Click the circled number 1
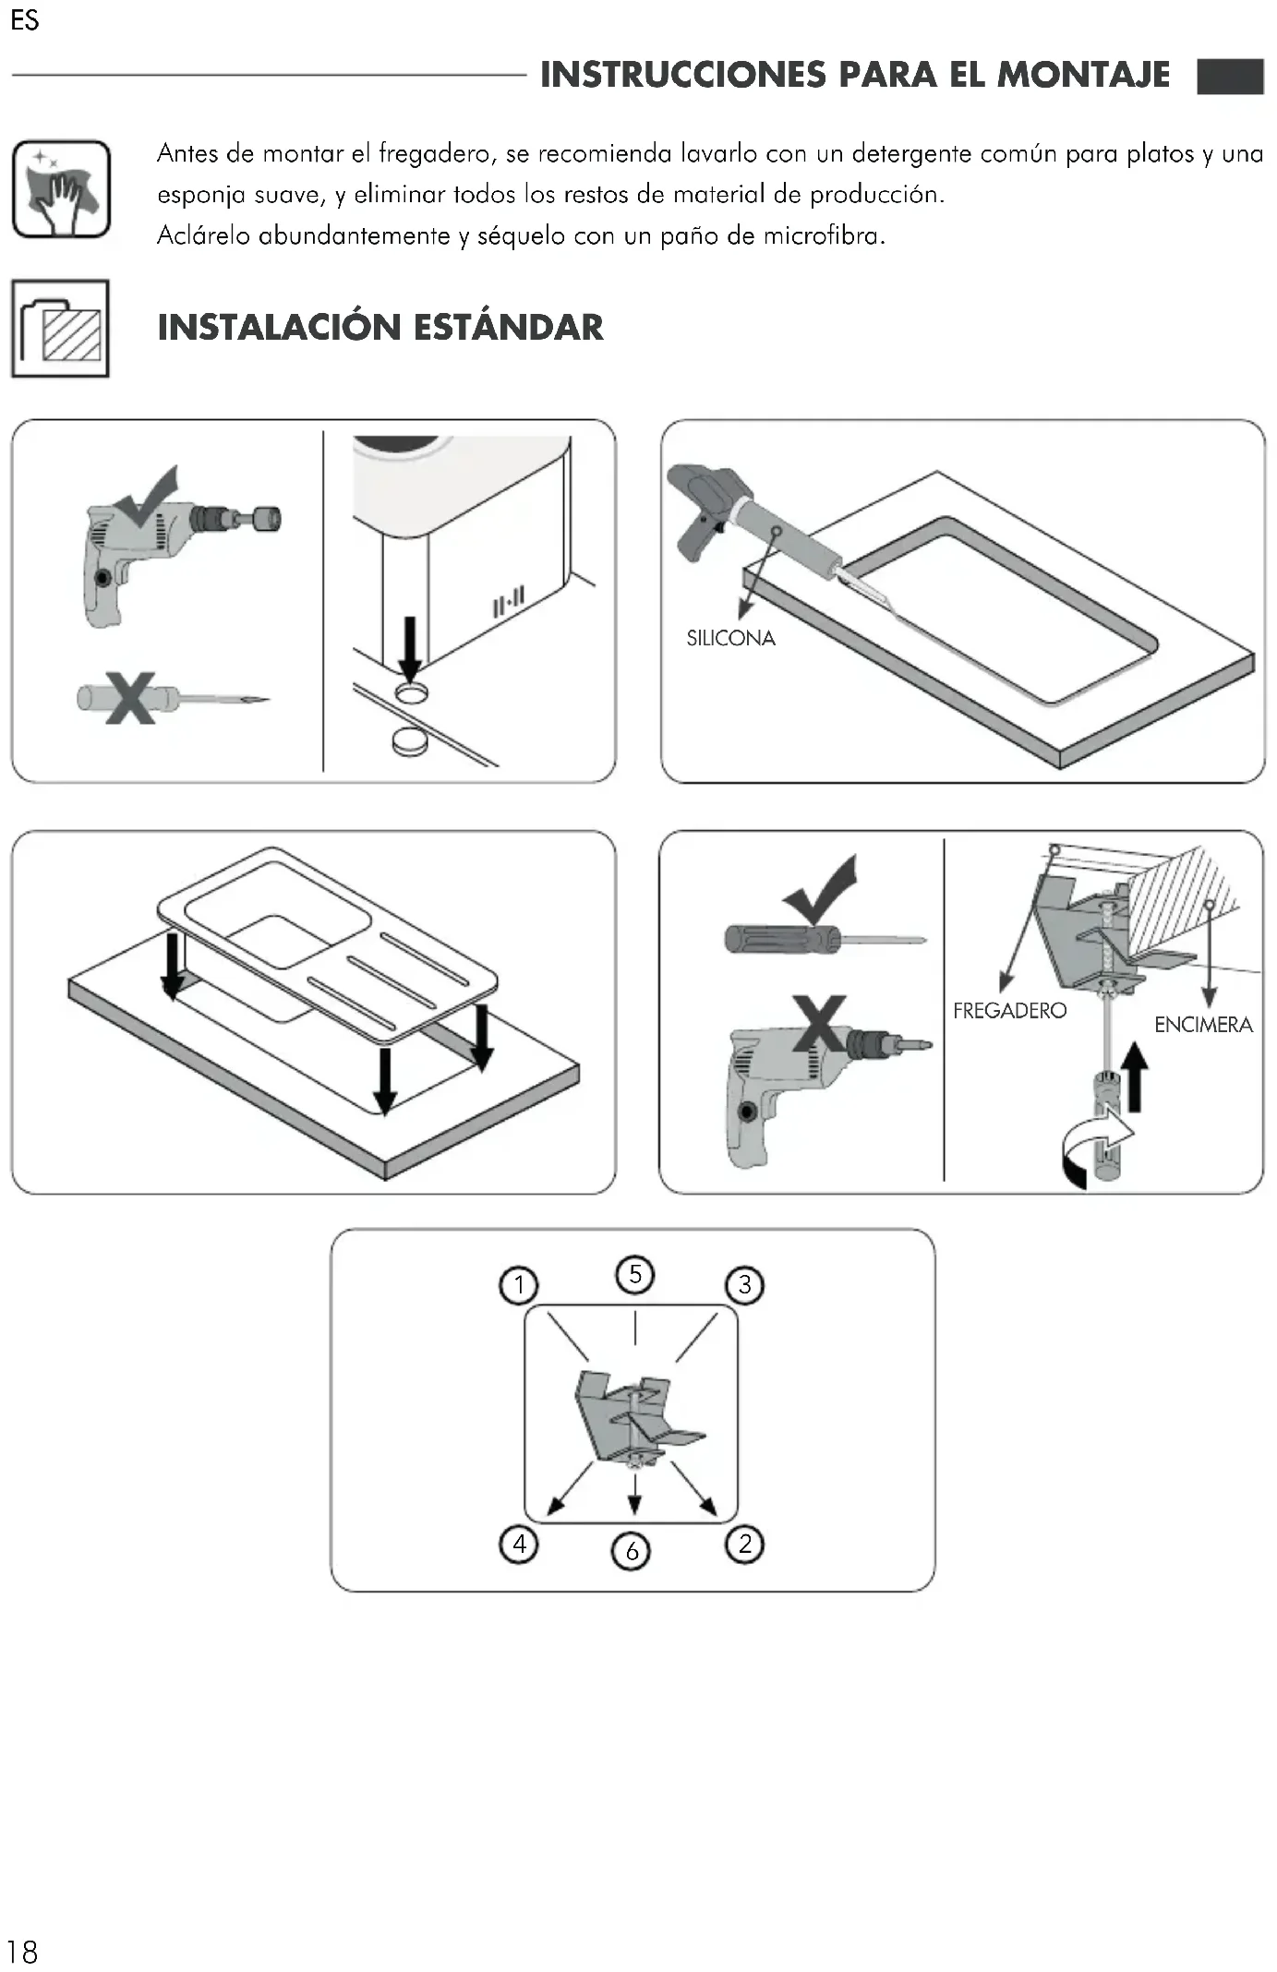pos(518,1285)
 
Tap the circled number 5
pos(635,1275)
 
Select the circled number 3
pos(745,1285)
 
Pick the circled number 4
pos(519,1544)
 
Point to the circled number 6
pos(632,1550)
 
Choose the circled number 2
pos(745,1544)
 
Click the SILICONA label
pos(730,638)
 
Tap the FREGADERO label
pos(1009,1011)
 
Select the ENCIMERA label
pos(1203,1025)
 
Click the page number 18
pos(22,1952)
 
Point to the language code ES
pos(25,20)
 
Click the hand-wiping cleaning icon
pos(61,189)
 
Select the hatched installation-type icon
pos(61,329)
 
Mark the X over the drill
pos(819,1024)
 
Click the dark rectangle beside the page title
pos(1230,77)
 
